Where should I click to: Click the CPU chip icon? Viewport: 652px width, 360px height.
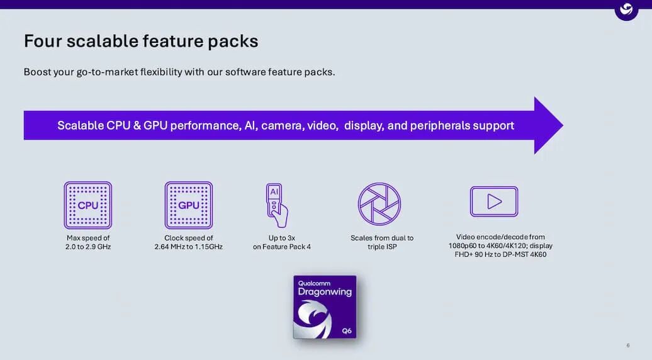click(x=87, y=205)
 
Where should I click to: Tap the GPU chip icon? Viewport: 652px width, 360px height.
click(x=188, y=205)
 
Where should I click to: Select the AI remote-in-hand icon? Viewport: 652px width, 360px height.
click(x=277, y=205)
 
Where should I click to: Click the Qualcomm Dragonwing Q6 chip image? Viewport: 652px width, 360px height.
click(x=325, y=307)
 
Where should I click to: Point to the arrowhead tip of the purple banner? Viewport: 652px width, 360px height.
click(x=563, y=125)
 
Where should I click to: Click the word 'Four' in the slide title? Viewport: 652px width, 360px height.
click(x=42, y=41)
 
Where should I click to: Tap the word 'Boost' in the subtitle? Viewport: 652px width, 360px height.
click(x=37, y=72)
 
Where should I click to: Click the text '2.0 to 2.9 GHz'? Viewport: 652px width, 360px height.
click(x=88, y=247)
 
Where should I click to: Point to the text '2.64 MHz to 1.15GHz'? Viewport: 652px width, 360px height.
click(x=188, y=247)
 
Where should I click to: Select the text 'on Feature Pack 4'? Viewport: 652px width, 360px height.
click(x=281, y=247)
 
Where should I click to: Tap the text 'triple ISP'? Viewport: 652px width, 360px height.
click(x=382, y=247)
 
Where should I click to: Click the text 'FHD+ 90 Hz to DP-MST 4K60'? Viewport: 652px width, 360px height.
click(x=500, y=254)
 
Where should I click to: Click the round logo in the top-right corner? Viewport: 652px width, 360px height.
click(x=626, y=9)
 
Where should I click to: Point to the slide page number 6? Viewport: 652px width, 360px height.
click(x=628, y=345)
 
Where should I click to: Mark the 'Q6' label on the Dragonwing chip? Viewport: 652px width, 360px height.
click(x=347, y=330)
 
